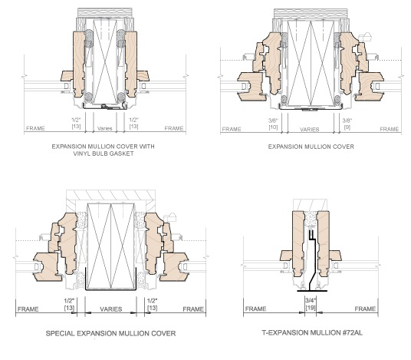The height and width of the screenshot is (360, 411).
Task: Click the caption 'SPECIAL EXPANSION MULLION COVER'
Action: [x=111, y=333]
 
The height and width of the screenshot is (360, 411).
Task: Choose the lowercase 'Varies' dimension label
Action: [x=104, y=128]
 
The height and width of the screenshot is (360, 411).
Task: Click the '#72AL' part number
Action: [x=341, y=333]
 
